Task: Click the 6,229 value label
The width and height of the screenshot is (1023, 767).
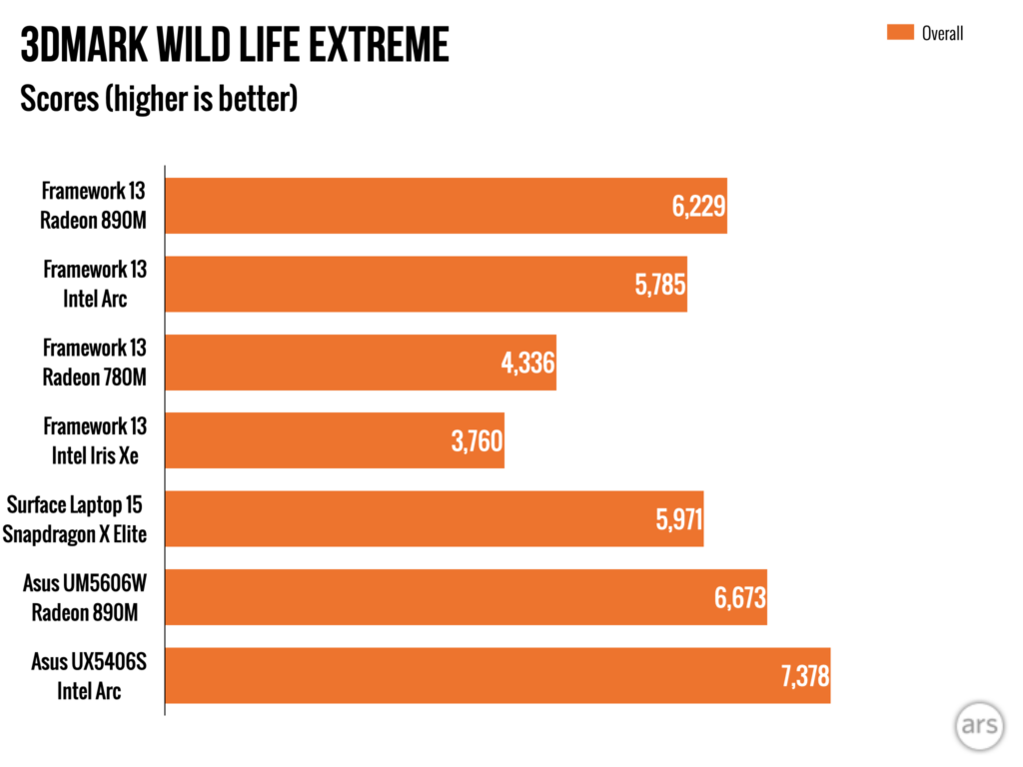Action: click(698, 207)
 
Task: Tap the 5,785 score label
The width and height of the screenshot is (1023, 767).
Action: click(659, 285)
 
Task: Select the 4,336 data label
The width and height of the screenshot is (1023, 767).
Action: click(527, 364)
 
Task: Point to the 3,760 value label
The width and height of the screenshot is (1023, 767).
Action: click(477, 441)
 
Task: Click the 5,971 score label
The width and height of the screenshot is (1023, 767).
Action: click(678, 519)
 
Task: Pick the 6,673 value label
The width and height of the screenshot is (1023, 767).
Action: click(740, 598)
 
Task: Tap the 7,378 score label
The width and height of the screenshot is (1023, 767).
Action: click(805, 676)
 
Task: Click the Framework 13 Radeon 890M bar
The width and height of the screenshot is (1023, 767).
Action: click(447, 206)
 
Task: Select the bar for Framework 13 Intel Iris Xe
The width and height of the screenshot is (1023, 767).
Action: click(335, 440)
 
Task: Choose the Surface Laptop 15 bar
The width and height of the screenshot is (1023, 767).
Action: click(435, 519)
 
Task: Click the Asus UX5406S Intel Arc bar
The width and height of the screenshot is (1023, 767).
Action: click(498, 676)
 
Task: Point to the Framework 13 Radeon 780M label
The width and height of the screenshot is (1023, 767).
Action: click(95, 363)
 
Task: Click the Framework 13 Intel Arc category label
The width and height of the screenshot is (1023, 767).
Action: click(95, 285)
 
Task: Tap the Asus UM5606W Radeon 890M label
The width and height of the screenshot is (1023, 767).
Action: click(85, 598)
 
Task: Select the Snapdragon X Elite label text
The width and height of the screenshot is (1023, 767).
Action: click(74, 535)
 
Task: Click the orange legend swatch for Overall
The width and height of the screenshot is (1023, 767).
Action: click(900, 32)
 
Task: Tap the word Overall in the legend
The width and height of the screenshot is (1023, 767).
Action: click(942, 33)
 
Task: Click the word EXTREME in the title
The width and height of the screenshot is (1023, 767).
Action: click(379, 44)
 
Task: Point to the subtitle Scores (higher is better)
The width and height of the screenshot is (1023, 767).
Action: click(159, 99)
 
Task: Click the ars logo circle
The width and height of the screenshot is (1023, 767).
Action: click(979, 725)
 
